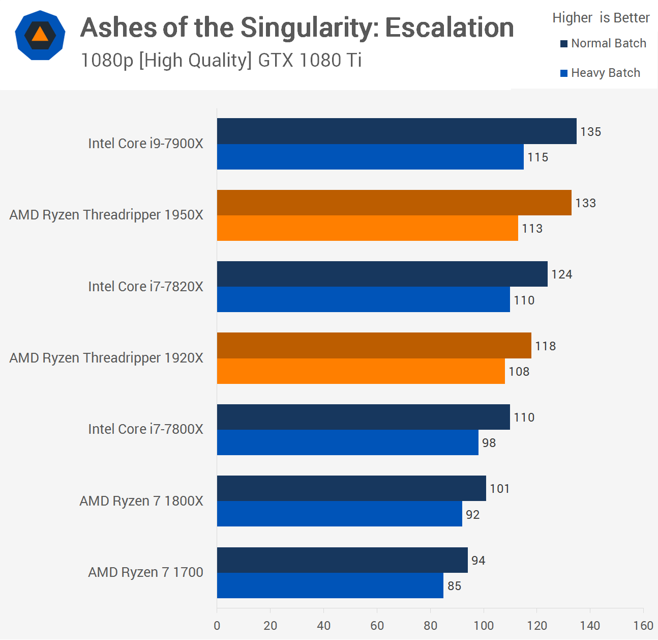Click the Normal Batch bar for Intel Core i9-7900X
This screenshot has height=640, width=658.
tap(397, 131)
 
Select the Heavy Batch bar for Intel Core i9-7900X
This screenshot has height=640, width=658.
tap(370, 157)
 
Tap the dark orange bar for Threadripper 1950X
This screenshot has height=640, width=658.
tap(394, 203)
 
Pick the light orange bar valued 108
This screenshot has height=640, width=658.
tap(361, 371)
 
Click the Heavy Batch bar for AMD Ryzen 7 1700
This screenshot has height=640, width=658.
tap(330, 586)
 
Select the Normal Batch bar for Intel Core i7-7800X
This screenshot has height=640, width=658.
tap(364, 417)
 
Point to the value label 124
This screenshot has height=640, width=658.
tap(562, 274)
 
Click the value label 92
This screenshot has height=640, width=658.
tap(473, 515)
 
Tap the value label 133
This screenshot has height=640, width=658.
tap(585, 203)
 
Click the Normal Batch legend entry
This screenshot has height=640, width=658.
tap(604, 43)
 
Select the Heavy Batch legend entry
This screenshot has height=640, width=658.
tap(601, 73)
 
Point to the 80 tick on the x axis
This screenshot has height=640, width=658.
tap(431, 626)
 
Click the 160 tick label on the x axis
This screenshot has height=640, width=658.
tap(643, 626)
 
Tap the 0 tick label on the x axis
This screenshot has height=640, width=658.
tap(217, 626)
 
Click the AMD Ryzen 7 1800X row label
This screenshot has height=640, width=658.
tap(141, 501)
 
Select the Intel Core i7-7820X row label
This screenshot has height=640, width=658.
tap(145, 287)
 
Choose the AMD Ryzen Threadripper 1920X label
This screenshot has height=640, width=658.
tap(106, 358)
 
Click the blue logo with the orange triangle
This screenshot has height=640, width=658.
tap(40, 35)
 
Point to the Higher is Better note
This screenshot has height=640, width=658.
tap(601, 18)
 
